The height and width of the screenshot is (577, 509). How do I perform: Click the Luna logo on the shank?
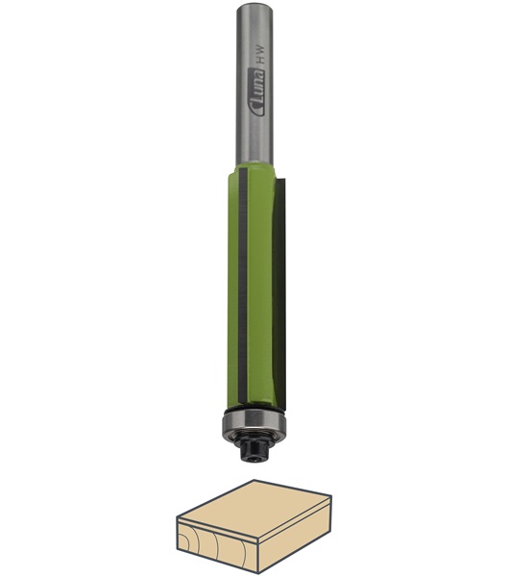[x=256, y=92]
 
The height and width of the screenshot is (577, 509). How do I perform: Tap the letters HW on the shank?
[x=259, y=52]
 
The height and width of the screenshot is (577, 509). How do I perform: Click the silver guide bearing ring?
[x=254, y=423]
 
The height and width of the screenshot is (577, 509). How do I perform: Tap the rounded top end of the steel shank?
[x=254, y=5]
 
